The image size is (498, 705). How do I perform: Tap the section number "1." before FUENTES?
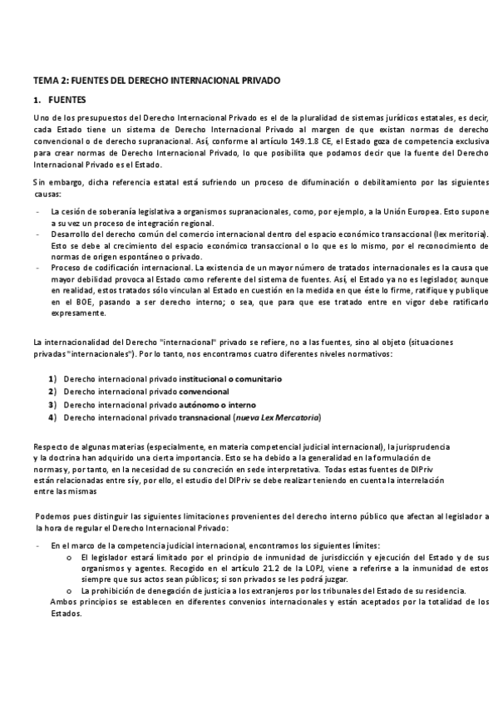coord(37,101)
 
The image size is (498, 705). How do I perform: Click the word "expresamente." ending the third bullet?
coord(79,314)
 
